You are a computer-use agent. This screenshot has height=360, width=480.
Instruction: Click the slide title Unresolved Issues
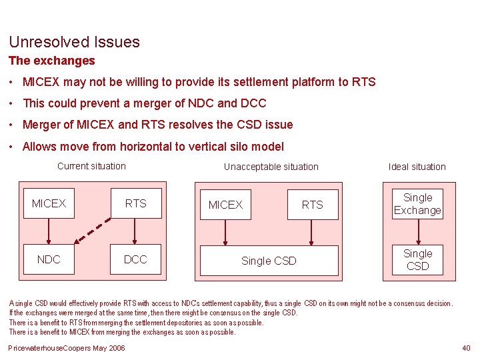[x=74, y=42]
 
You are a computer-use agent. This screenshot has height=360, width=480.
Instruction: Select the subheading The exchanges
[x=51, y=61]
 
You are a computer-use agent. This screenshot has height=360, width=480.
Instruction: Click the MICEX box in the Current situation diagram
[x=49, y=203]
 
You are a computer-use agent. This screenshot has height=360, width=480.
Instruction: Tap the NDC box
[x=49, y=259]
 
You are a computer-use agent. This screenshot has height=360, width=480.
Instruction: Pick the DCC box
[x=135, y=259]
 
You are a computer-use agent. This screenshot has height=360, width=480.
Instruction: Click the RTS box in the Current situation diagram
[x=135, y=203]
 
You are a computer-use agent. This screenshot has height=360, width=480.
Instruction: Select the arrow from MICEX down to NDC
[x=49, y=231]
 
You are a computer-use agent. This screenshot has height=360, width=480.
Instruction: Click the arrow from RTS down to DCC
[x=135, y=231]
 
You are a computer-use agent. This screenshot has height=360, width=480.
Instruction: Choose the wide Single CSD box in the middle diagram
[x=269, y=261]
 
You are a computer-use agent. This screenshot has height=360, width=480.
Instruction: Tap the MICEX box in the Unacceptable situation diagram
[x=225, y=205]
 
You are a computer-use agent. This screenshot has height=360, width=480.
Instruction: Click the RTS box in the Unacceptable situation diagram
[x=312, y=205]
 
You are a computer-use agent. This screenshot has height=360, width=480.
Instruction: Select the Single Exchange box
[x=417, y=204]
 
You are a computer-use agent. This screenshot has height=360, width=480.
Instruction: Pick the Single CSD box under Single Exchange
[x=417, y=260]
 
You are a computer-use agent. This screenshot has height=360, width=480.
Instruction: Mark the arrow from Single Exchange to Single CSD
[x=417, y=232]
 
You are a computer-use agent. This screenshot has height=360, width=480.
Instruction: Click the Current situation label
[x=91, y=166]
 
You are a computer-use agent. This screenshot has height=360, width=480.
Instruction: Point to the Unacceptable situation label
[x=271, y=167]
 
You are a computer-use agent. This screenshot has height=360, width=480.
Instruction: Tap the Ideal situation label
[x=417, y=167]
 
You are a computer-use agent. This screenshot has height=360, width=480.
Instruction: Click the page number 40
[x=465, y=348]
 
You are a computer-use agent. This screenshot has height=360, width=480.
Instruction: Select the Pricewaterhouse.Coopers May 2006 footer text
[x=66, y=348]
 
